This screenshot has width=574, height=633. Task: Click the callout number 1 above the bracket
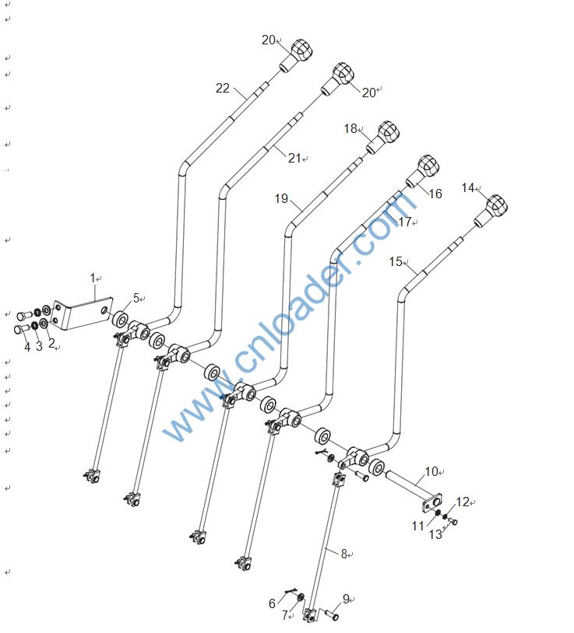tap(93, 278)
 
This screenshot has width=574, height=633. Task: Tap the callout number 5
tap(136, 298)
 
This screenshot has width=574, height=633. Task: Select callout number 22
tap(223, 89)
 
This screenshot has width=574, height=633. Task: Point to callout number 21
tap(294, 158)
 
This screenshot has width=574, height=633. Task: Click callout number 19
tap(281, 199)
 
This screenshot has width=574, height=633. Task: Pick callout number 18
tap(350, 128)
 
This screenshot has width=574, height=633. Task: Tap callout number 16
tap(435, 194)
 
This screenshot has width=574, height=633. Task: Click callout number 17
tap(404, 222)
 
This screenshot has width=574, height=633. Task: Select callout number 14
tap(467, 187)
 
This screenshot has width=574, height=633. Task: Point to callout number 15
tap(396, 261)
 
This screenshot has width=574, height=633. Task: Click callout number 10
tap(431, 471)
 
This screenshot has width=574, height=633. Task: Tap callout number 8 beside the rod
tap(343, 554)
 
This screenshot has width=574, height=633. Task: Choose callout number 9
tap(346, 599)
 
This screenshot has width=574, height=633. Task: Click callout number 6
tap(273, 603)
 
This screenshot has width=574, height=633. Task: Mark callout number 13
tap(435, 534)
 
